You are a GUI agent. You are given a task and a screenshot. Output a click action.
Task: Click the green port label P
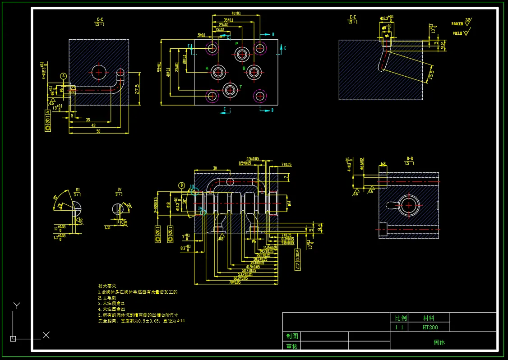point(236,43)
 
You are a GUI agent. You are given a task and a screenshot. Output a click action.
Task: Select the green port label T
point(240,87)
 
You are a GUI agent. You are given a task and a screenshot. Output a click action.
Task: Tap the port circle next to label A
point(218,72)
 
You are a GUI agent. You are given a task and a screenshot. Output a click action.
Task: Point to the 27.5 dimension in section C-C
point(136,86)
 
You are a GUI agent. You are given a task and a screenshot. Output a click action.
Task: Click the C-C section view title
point(100,20)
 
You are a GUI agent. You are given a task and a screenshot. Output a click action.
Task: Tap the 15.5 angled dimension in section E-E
point(431,74)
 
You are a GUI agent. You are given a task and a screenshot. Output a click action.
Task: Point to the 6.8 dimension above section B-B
point(383,164)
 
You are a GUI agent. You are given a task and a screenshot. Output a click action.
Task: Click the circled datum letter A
point(64,76)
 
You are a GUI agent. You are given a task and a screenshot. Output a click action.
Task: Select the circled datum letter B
point(182,185)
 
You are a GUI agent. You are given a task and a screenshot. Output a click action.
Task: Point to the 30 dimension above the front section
point(215,168)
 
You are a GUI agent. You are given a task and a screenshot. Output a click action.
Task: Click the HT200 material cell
point(429,328)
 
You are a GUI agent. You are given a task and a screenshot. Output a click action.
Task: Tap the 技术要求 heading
point(107,286)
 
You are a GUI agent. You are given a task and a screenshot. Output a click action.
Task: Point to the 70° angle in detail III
point(55,197)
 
